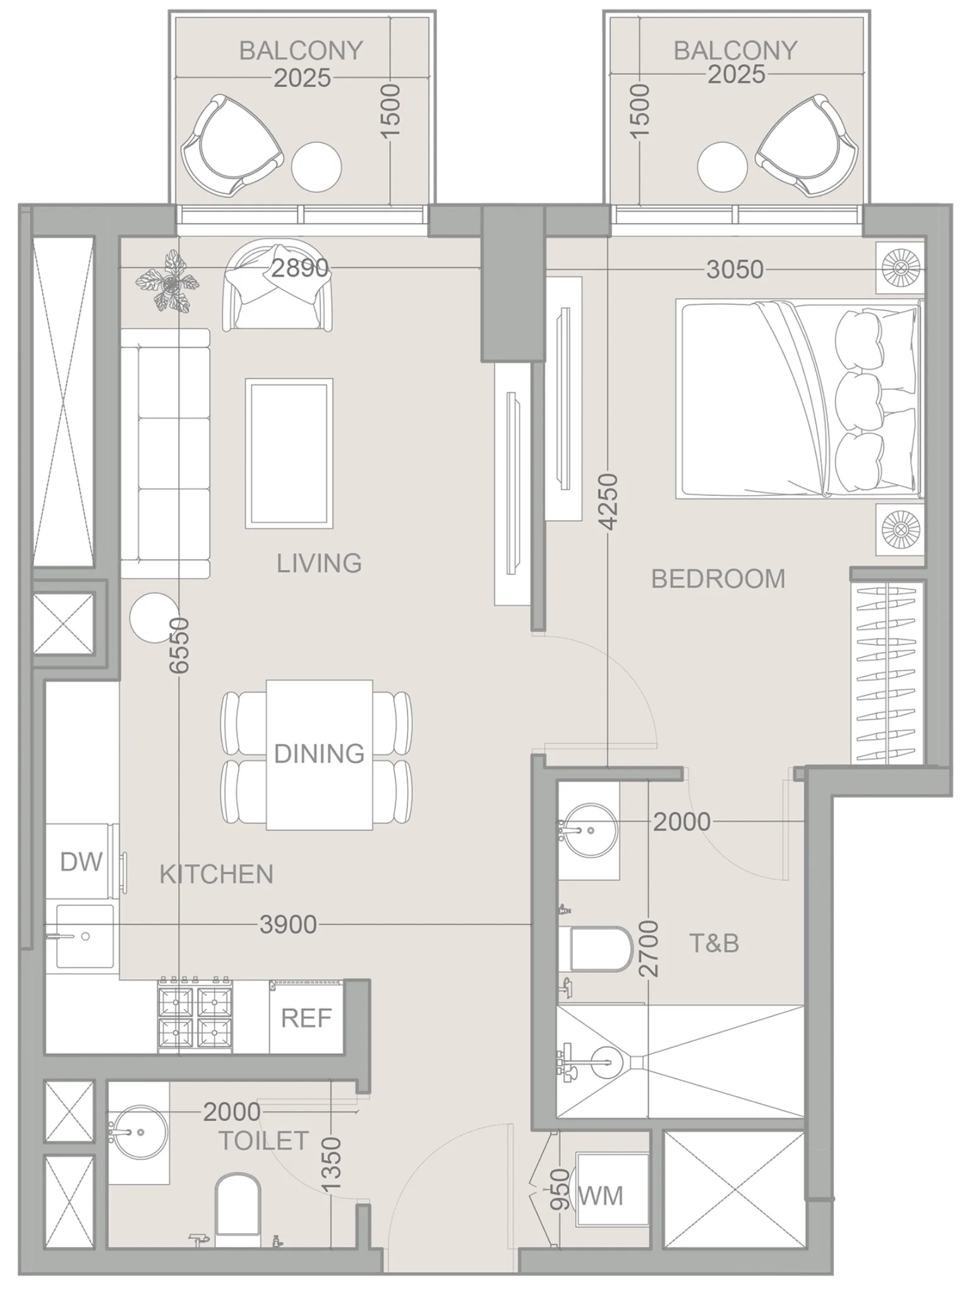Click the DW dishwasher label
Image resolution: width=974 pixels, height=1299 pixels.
(x=81, y=862)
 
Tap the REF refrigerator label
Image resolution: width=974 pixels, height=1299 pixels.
(x=306, y=1018)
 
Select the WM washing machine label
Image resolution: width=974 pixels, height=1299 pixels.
(x=601, y=1196)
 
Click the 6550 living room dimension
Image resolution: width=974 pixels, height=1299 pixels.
(x=180, y=645)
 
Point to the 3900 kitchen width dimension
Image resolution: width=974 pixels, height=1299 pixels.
(x=288, y=925)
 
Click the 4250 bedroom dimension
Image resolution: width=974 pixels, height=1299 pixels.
(x=608, y=502)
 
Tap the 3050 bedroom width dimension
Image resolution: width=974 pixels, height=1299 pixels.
(x=735, y=270)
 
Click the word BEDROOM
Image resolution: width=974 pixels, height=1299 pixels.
(x=718, y=579)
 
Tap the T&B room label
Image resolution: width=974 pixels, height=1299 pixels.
(x=714, y=943)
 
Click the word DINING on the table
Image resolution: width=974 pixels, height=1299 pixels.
(x=319, y=754)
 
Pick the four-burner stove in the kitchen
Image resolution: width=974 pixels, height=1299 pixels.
(x=195, y=1017)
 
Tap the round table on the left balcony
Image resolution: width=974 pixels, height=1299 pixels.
(x=316, y=167)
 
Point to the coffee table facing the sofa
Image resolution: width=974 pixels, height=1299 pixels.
(x=289, y=453)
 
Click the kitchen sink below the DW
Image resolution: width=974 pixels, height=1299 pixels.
(x=85, y=936)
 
